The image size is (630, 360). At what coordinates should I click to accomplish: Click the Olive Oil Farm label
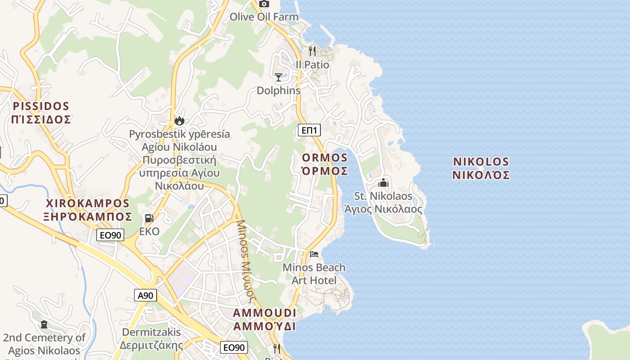(x=264, y=17)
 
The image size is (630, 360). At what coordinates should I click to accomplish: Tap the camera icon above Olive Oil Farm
(x=264, y=4)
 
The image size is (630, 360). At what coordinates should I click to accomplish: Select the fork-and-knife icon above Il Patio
(x=312, y=51)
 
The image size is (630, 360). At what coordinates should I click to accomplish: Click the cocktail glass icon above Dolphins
(x=279, y=77)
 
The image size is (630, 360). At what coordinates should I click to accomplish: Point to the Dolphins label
(x=278, y=90)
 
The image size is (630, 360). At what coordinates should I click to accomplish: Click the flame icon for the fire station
(x=180, y=121)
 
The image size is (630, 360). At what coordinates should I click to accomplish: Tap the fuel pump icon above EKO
(x=149, y=218)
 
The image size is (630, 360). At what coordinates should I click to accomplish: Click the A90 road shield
(x=146, y=296)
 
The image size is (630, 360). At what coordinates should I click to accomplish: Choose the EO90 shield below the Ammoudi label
(x=234, y=347)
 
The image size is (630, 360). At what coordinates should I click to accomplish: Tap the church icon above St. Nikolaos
(x=383, y=183)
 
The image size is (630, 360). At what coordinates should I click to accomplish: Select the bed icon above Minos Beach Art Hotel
(x=314, y=254)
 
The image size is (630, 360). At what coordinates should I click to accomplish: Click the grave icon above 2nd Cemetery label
(x=44, y=324)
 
